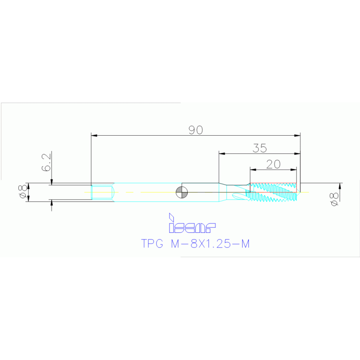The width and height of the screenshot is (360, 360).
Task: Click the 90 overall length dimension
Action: [x=195, y=130]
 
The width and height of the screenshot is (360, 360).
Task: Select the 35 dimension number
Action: [x=259, y=148]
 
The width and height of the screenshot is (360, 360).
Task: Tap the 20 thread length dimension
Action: [x=273, y=164]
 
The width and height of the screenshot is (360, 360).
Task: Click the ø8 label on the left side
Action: [x=22, y=192]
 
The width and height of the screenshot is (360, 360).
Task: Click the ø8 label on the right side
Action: [x=334, y=199]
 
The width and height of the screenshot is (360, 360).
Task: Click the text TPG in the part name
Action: [x=153, y=244]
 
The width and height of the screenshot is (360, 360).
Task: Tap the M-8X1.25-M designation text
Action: [x=210, y=244]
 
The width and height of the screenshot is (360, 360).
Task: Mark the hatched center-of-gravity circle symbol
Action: [x=181, y=192]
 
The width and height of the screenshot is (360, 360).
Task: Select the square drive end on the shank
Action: [x=103, y=192]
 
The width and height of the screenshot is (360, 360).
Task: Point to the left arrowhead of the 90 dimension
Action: [x=94, y=136]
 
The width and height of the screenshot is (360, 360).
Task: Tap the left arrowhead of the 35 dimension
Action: [x=222, y=153]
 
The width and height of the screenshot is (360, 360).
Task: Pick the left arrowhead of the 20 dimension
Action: [x=253, y=169]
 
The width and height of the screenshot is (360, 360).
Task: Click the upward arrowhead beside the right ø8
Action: [x=340, y=186]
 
